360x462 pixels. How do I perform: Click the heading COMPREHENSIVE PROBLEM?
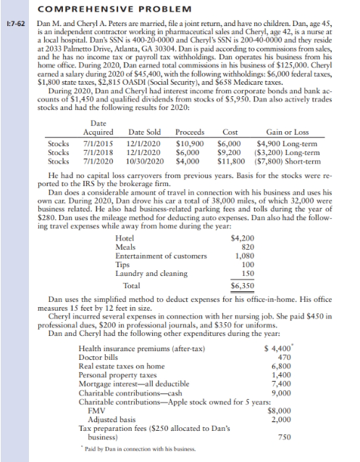coord(97,9)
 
